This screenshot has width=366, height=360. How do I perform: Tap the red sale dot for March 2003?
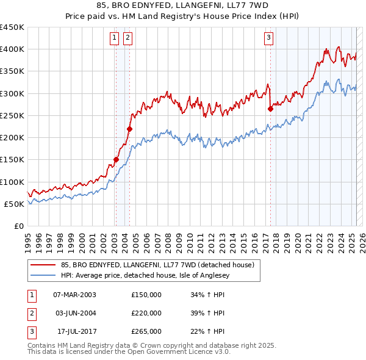point(116,160)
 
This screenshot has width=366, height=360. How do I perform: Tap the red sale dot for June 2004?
point(129,129)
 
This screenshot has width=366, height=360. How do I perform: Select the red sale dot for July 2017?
point(270,109)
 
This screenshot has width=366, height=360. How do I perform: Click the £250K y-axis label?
point(12,115)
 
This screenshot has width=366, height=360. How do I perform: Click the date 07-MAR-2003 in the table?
point(74,295)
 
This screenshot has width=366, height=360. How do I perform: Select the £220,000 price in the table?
point(146,313)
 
